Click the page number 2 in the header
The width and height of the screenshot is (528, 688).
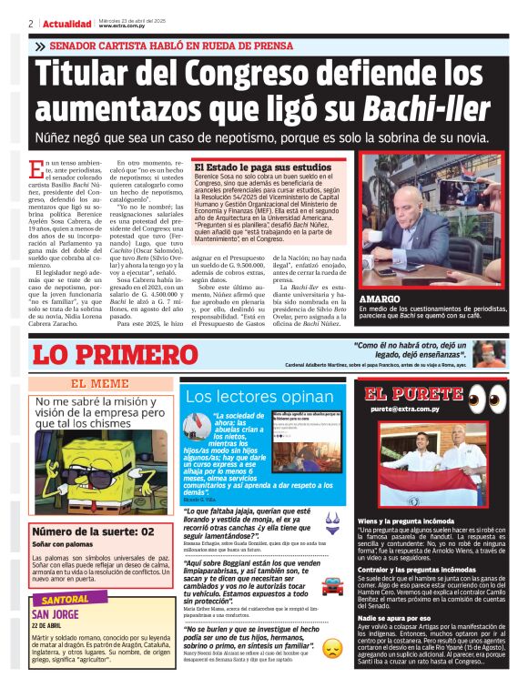[x=31, y=24]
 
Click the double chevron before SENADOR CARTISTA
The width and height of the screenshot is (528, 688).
[x=39, y=46]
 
